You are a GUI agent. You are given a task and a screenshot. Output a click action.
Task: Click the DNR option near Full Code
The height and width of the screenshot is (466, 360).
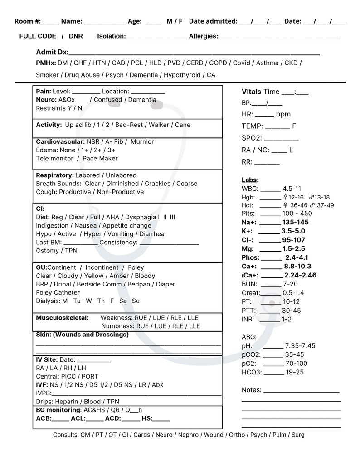point(76,36)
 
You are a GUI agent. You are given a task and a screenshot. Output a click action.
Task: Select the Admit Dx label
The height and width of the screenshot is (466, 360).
point(52,52)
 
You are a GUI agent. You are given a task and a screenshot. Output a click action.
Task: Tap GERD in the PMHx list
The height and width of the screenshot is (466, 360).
point(195,63)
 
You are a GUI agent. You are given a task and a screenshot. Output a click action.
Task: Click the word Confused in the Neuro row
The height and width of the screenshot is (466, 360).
point(108,100)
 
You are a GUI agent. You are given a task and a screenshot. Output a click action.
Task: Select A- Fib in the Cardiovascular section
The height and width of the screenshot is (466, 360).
point(116,141)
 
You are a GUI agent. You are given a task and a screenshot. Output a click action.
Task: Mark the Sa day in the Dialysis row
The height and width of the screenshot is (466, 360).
point(122,301)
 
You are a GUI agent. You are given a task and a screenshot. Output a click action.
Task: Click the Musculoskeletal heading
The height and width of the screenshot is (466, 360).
point(62,318)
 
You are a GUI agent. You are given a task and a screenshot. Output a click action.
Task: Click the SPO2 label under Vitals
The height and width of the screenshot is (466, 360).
point(251,138)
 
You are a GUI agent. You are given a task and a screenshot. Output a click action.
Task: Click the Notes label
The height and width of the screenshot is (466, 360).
point(252,390)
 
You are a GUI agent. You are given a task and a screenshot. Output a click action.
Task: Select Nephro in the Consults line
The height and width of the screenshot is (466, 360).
point(188,435)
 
